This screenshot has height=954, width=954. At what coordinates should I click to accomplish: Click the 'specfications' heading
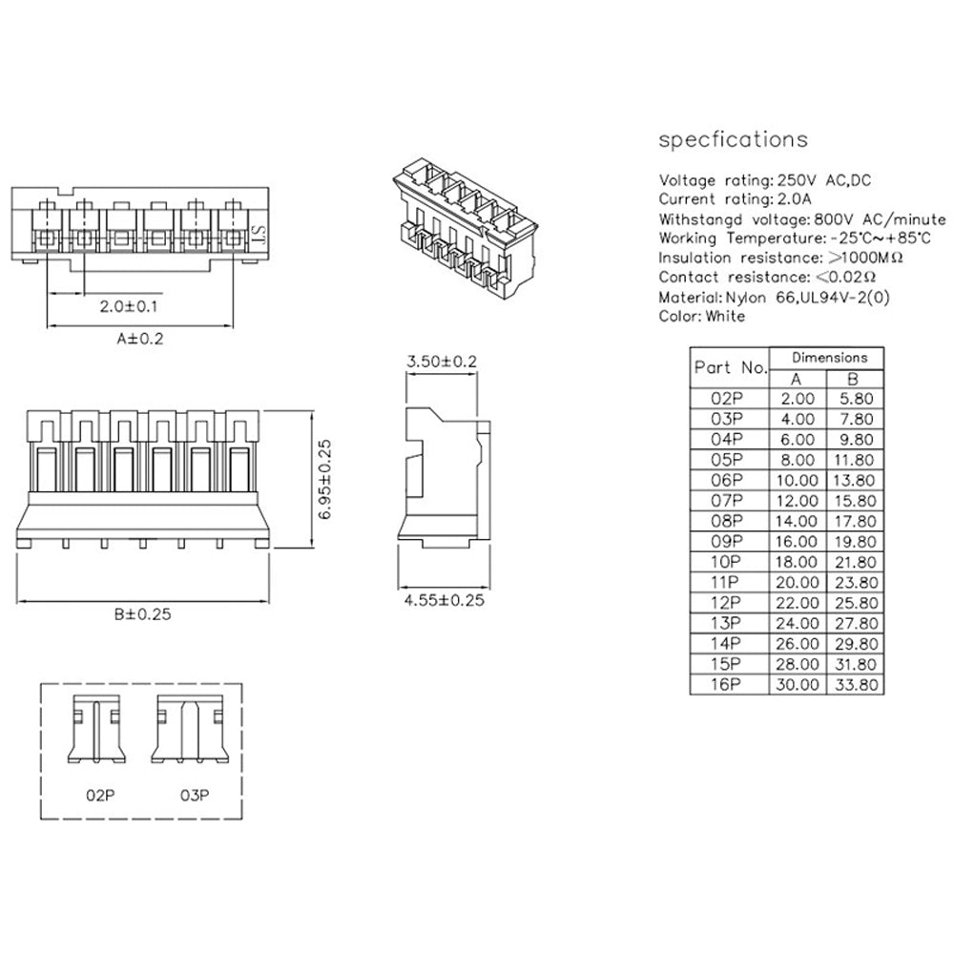(733, 140)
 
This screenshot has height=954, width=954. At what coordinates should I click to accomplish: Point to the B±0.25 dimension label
(140, 614)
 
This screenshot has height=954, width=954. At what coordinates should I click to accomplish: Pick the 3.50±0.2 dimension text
(442, 362)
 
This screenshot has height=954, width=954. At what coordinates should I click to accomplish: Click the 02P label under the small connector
(97, 794)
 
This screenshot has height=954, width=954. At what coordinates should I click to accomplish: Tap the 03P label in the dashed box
(194, 794)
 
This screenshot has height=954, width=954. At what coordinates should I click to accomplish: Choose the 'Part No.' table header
(730, 367)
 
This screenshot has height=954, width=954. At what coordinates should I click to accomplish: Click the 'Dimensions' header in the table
(828, 358)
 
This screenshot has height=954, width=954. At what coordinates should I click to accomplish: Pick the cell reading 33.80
(856, 684)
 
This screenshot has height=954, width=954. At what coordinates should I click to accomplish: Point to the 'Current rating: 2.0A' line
(736, 198)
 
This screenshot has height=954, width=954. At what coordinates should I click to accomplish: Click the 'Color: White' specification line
(702, 316)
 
